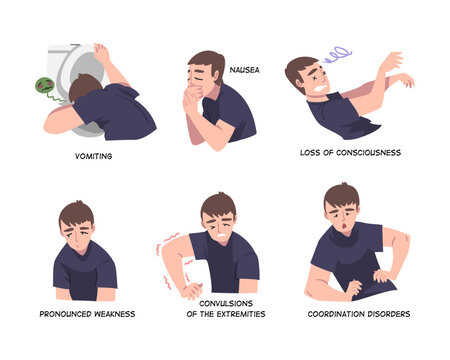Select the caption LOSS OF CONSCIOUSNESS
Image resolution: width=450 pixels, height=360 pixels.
(350, 153)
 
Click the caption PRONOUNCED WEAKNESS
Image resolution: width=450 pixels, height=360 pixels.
(87, 313)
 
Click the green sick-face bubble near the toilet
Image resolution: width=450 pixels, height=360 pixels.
(44, 87)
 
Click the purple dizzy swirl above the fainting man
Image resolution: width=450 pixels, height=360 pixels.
(337, 55)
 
